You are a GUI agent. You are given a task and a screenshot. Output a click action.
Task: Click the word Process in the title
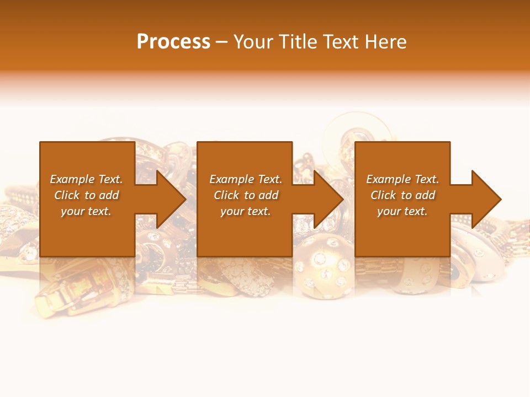pos(173,42)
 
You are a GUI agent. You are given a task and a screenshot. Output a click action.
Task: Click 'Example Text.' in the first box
pos(86,179)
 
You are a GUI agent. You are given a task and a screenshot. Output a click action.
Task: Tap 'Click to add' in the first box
pos(86,195)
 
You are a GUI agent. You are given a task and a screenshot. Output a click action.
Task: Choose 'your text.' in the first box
pos(86,211)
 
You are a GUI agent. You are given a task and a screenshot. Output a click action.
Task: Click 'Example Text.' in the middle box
pos(246,179)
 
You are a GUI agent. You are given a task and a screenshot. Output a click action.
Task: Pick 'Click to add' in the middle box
pos(246,195)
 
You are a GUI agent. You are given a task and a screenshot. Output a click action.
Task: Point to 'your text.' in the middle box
pos(246,211)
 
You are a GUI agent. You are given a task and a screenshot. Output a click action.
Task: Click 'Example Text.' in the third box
pos(402,179)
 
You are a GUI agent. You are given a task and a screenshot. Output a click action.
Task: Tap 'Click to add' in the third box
pos(402,195)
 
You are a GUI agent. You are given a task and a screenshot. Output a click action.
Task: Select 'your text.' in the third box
pos(402,211)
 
